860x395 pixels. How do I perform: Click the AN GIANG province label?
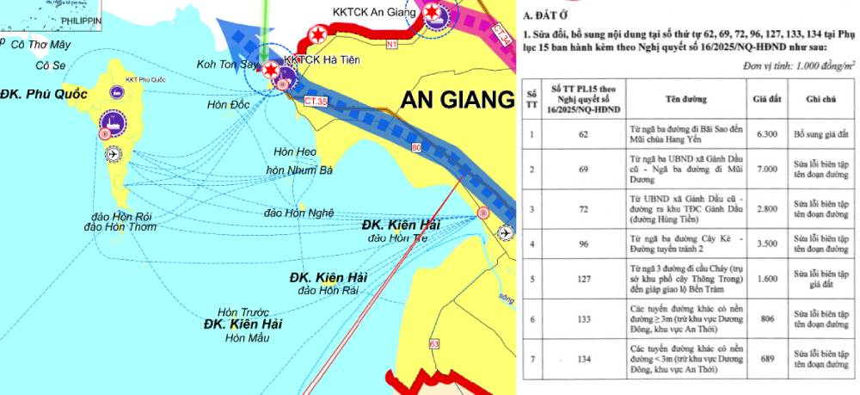tap(457, 100)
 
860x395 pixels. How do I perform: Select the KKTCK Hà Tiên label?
tap(321, 59)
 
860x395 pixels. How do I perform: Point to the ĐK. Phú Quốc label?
tap(44, 94)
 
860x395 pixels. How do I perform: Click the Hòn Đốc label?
tap(228, 105)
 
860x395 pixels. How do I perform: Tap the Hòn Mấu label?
tap(248, 338)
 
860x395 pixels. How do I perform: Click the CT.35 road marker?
tap(316, 102)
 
